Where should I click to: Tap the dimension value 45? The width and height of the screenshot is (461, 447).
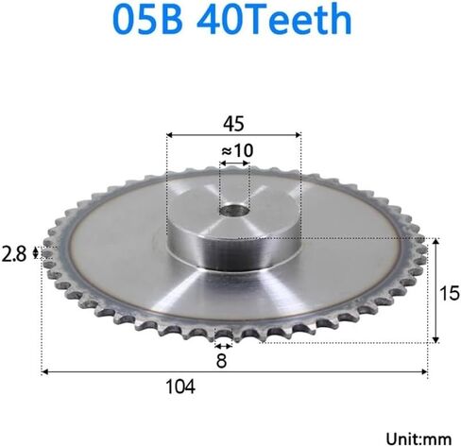point(233,121)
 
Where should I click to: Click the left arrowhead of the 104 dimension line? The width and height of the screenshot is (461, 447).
point(44,371)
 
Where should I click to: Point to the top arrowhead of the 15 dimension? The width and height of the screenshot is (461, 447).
point(436,242)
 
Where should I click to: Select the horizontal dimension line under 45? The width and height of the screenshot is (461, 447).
point(233,134)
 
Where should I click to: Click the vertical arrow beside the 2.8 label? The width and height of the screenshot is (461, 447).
point(37,251)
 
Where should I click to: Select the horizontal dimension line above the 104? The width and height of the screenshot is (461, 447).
point(236,371)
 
